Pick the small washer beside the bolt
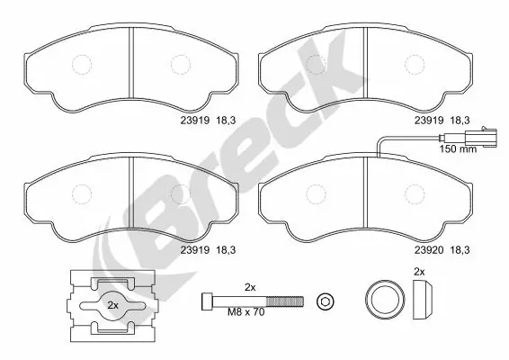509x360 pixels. point(326,299)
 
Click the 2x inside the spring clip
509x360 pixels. point(113,305)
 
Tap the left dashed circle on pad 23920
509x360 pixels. point(315,193)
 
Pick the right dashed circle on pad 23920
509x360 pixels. point(415,193)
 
